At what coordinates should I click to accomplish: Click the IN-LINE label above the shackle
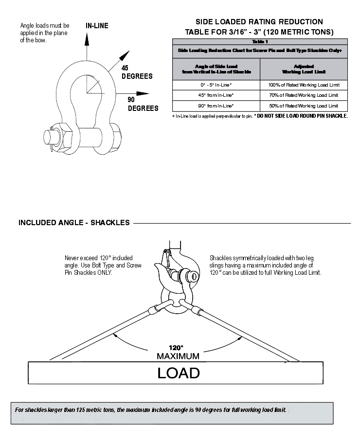(x=97, y=25)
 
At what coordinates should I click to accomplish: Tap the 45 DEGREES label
(x=137, y=72)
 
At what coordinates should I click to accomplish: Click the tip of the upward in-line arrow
(x=87, y=37)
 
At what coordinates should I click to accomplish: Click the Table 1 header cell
(x=260, y=42)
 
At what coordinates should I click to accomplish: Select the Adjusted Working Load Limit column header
(x=304, y=69)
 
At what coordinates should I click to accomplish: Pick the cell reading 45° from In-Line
(x=216, y=95)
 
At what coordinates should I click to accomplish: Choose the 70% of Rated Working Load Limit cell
(x=304, y=95)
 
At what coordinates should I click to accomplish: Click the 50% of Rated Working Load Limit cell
(x=304, y=106)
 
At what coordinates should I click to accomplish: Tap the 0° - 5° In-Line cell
(x=216, y=85)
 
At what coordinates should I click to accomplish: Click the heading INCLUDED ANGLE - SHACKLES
(x=74, y=223)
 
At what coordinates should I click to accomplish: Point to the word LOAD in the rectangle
(x=178, y=373)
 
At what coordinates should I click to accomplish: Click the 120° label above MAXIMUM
(x=176, y=348)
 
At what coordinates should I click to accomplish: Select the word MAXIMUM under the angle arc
(x=178, y=356)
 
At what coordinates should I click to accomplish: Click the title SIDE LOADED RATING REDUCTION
(x=259, y=22)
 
